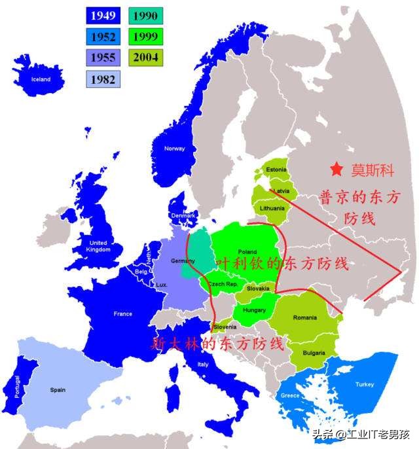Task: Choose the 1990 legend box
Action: (x=145, y=15)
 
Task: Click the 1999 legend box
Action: (x=145, y=36)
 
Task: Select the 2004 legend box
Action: (x=145, y=58)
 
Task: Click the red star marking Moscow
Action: (x=337, y=170)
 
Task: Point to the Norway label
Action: (x=174, y=149)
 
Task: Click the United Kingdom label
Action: (x=98, y=246)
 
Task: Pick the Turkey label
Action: (x=365, y=384)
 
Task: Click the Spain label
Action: (x=58, y=390)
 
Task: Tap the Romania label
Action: (x=304, y=317)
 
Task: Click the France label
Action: (x=122, y=314)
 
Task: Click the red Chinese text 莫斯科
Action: (x=373, y=170)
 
